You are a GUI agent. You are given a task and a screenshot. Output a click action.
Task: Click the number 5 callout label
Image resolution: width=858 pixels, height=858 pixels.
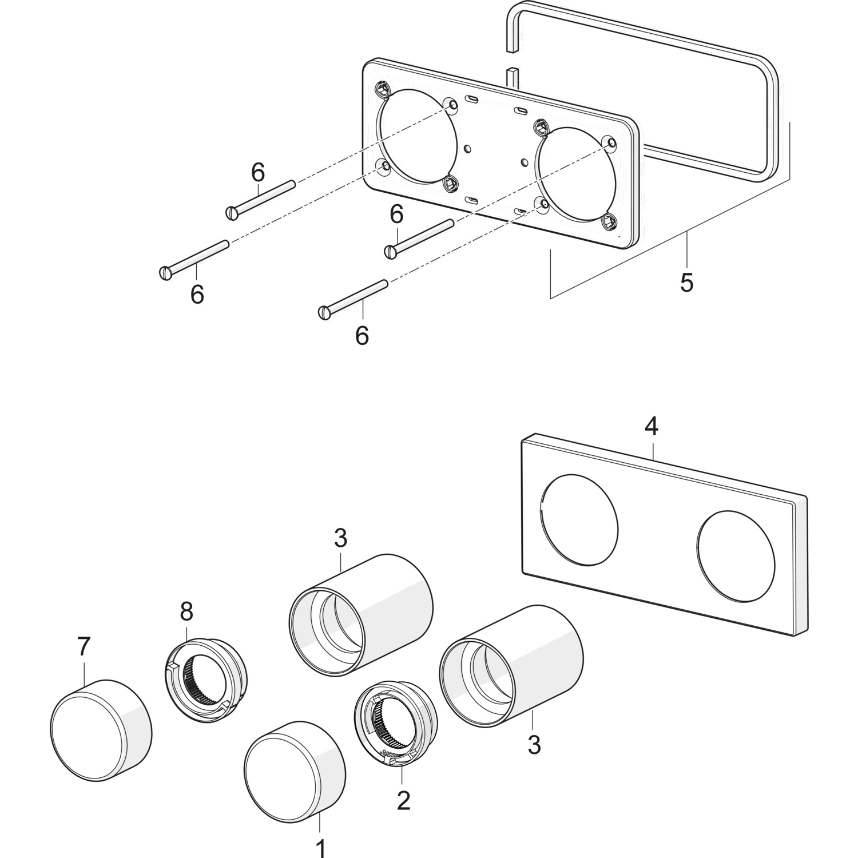coord(686,282)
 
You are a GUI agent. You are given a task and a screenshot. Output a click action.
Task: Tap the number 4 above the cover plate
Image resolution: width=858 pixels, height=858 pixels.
coord(652,426)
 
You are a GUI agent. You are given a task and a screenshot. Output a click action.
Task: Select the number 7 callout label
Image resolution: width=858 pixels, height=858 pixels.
coord(84,647)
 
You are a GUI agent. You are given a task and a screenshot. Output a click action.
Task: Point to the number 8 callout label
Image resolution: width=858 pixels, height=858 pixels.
coord(186,612)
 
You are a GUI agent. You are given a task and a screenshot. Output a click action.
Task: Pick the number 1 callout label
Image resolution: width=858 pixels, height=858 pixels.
coord(320,847)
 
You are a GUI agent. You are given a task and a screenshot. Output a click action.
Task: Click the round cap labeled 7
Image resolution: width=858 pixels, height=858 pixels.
coord(101,730)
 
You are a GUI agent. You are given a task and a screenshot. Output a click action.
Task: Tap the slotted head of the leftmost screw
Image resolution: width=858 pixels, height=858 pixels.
coord(165,273)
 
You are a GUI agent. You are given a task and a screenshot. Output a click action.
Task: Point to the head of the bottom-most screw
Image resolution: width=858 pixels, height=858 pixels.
coord(325,313)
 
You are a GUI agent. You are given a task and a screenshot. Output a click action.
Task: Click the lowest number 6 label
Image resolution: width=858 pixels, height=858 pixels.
coord(362,335)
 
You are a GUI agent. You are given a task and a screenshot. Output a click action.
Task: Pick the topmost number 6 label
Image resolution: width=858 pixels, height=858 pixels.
coord(258,170)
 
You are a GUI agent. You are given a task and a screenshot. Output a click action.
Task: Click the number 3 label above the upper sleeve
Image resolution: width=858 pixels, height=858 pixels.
coord(340,538)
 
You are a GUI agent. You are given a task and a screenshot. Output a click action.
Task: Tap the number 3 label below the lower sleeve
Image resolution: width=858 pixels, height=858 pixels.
coord(534,745)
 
